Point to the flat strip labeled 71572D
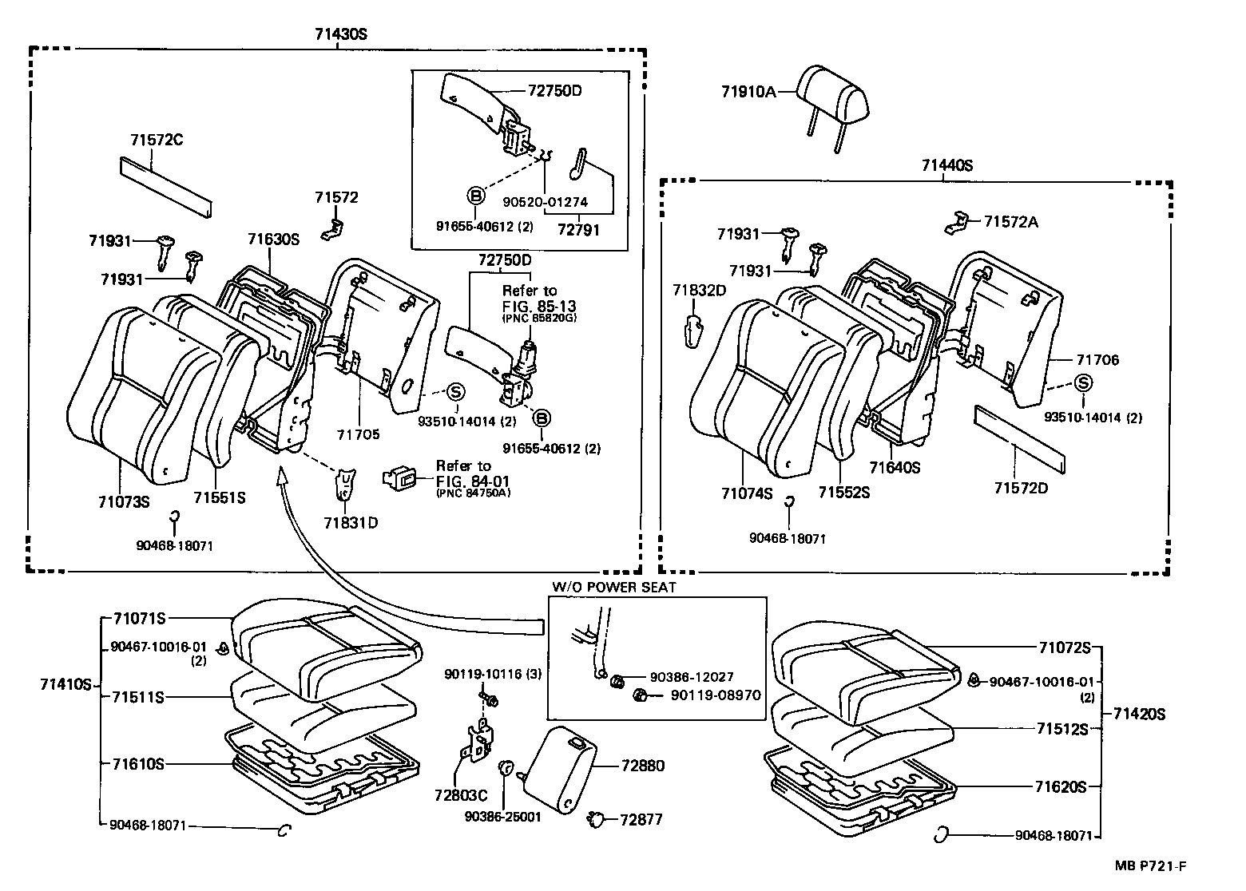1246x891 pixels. click(x=1018, y=438)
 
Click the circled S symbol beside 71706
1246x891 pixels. click(x=1083, y=383)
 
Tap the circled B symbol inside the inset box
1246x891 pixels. click(x=475, y=196)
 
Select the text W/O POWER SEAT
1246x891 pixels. click(x=613, y=587)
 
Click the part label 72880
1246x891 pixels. click(x=641, y=766)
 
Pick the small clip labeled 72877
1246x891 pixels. click(x=596, y=818)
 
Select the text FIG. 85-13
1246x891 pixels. click(x=538, y=306)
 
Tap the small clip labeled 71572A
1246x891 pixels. click(x=959, y=222)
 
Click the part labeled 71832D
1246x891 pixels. click(x=695, y=327)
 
